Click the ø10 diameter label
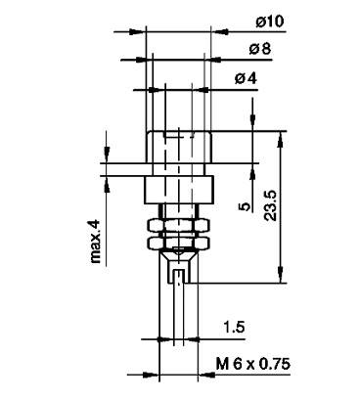[241, 21]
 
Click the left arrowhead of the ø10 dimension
[140, 31]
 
